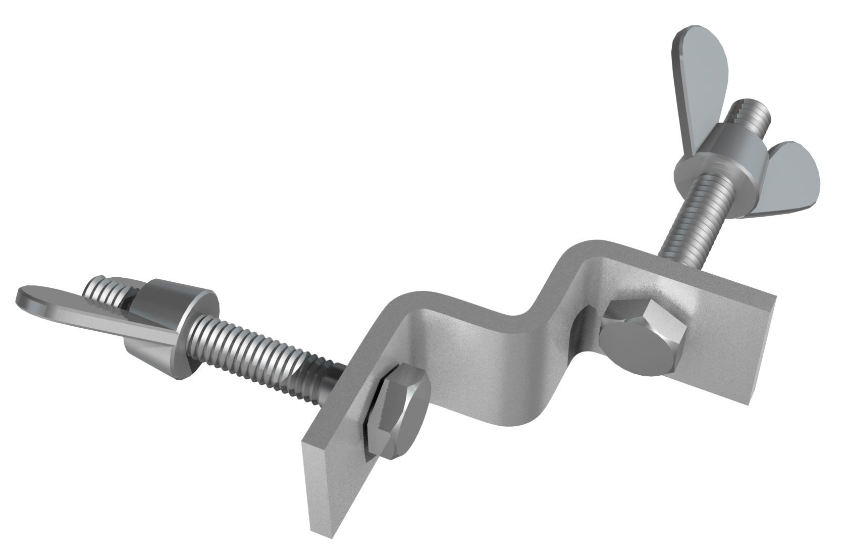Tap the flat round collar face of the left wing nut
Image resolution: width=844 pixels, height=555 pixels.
(x=207, y=323)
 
